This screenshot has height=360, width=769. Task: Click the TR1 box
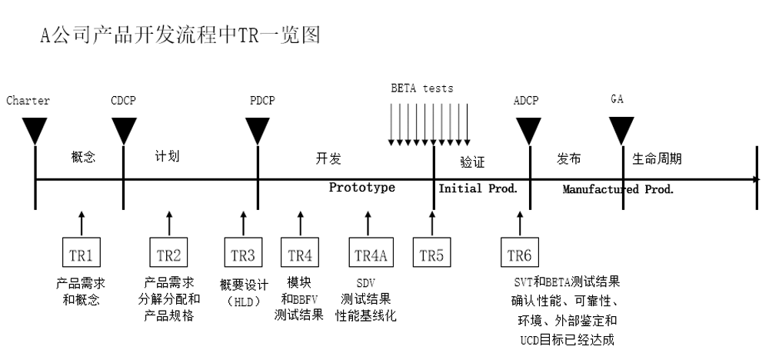[x=82, y=254]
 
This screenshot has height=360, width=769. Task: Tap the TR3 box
[x=244, y=254]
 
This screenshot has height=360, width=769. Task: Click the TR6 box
[x=520, y=254]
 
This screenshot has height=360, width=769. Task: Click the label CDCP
[x=124, y=101]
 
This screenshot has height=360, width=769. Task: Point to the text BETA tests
[x=422, y=88]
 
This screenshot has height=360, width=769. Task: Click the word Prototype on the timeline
[x=362, y=188]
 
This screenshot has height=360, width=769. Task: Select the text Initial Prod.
[x=478, y=188]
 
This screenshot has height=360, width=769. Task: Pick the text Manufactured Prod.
[x=618, y=189]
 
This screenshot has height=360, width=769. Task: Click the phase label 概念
[x=82, y=157]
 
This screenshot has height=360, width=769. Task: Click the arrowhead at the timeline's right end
[x=757, y=179]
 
